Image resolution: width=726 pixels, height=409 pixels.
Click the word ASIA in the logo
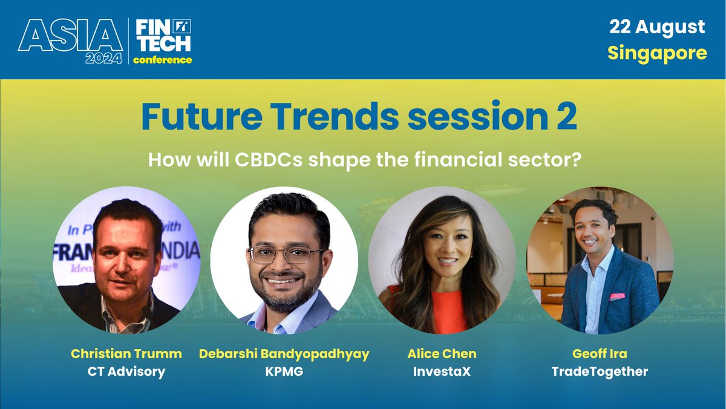pyautogui.click(x=70, y=36)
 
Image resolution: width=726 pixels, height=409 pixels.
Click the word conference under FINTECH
pyautogui.click(x=162, y=60)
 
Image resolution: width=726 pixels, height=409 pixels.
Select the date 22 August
pyautogui.click(x=656, y=27)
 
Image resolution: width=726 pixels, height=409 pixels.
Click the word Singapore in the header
pyautogui.click(x=657, y=53)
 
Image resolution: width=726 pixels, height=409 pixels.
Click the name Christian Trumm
pyautogui.click(x=126, y=353)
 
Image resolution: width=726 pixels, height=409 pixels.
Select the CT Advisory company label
pyautogui.click(x=126, y=371)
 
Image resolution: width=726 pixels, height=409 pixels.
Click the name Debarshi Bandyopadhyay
pyautogui.click(x=284, y=353)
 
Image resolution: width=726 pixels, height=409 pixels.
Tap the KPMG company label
pyautogui.click(x=284, y=371)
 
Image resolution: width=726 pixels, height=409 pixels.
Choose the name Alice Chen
pyautogui.click(x=442, y=353)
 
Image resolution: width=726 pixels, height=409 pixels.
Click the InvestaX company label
pyautogui.click(x=442, y=371)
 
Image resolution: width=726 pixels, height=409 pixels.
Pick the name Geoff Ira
pyautogui.click(x=600, y=353)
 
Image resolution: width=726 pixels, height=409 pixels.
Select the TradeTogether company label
pyautogui.click(x=600, y=371)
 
